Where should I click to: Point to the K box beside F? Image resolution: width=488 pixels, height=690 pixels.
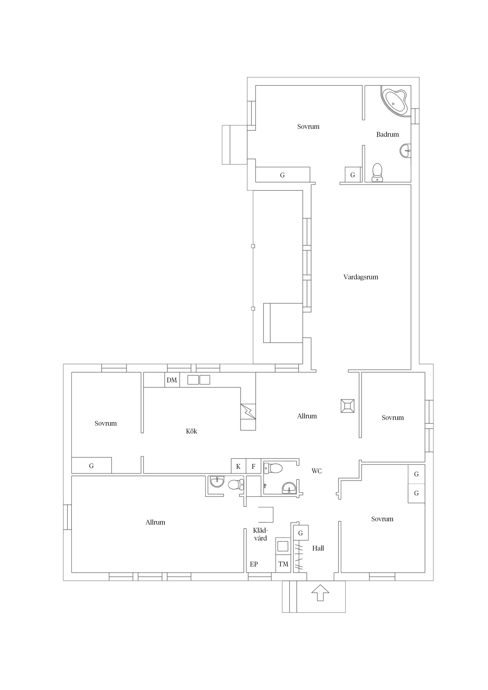pos(238,466)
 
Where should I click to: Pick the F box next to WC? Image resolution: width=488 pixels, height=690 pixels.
pos(253,466)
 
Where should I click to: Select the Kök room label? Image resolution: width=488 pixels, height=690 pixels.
pos(191,431)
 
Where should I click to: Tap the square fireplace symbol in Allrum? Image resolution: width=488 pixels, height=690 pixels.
pos(347,406)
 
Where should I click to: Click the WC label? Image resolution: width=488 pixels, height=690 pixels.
pos(316,471)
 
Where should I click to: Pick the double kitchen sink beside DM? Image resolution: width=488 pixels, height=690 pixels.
pos(199,380)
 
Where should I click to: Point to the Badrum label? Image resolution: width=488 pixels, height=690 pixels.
pos(387,134)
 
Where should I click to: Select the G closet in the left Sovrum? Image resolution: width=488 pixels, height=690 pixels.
pos(91,466)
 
